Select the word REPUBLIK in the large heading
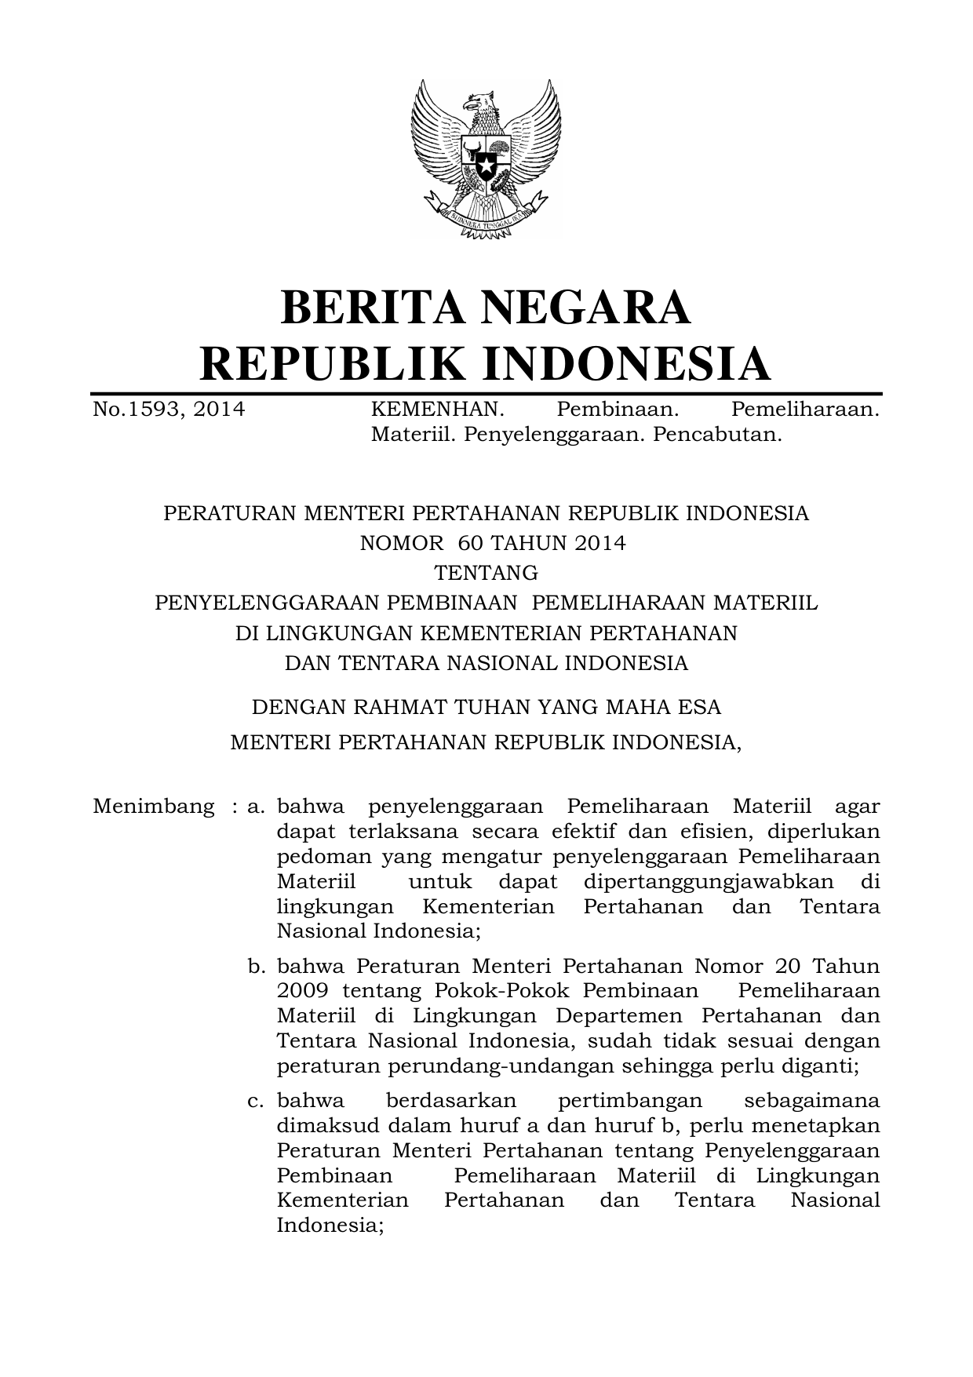(x=333, y=362)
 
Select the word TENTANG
(x=486, y=573)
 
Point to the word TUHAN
(x=488, y=707)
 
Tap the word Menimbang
(x=153, y=807)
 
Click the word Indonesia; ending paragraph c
(x=330, y=1226)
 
